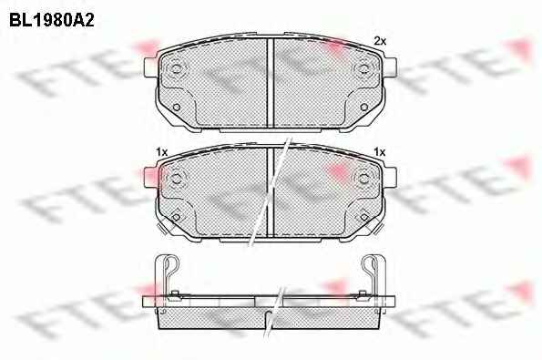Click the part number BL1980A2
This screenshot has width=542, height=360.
[x=52, y=20]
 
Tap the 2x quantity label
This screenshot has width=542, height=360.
[x=380, y=41]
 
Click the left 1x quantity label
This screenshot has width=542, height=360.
[x=161, y=152]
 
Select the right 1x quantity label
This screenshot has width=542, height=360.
[x=380, y=152]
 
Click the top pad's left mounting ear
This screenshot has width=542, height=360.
[x=150, y=67]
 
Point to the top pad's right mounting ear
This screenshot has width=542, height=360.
[x=390, y=67]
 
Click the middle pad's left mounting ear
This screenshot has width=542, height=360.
[x=150, y=177]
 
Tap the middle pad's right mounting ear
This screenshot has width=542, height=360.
[x=390, y=177]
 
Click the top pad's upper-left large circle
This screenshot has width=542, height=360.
[x=176, y=68]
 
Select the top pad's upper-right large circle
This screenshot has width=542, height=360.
[x=363, y=68]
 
